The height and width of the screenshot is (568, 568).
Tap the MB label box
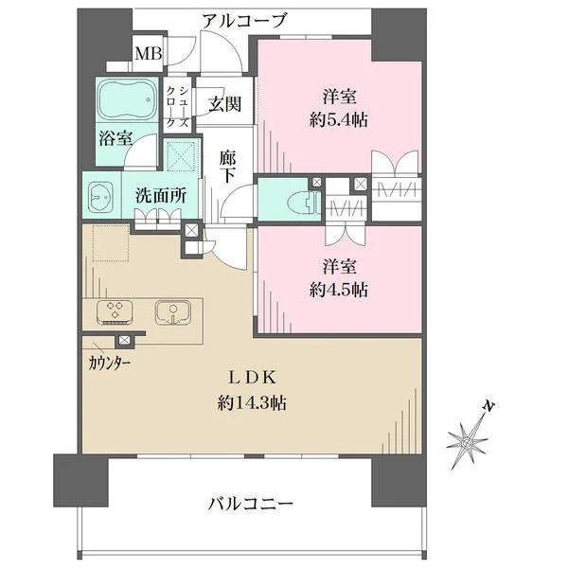pos(147,53)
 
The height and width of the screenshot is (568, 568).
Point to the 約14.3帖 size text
pos(252,402)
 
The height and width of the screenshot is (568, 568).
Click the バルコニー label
pos(250,503)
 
